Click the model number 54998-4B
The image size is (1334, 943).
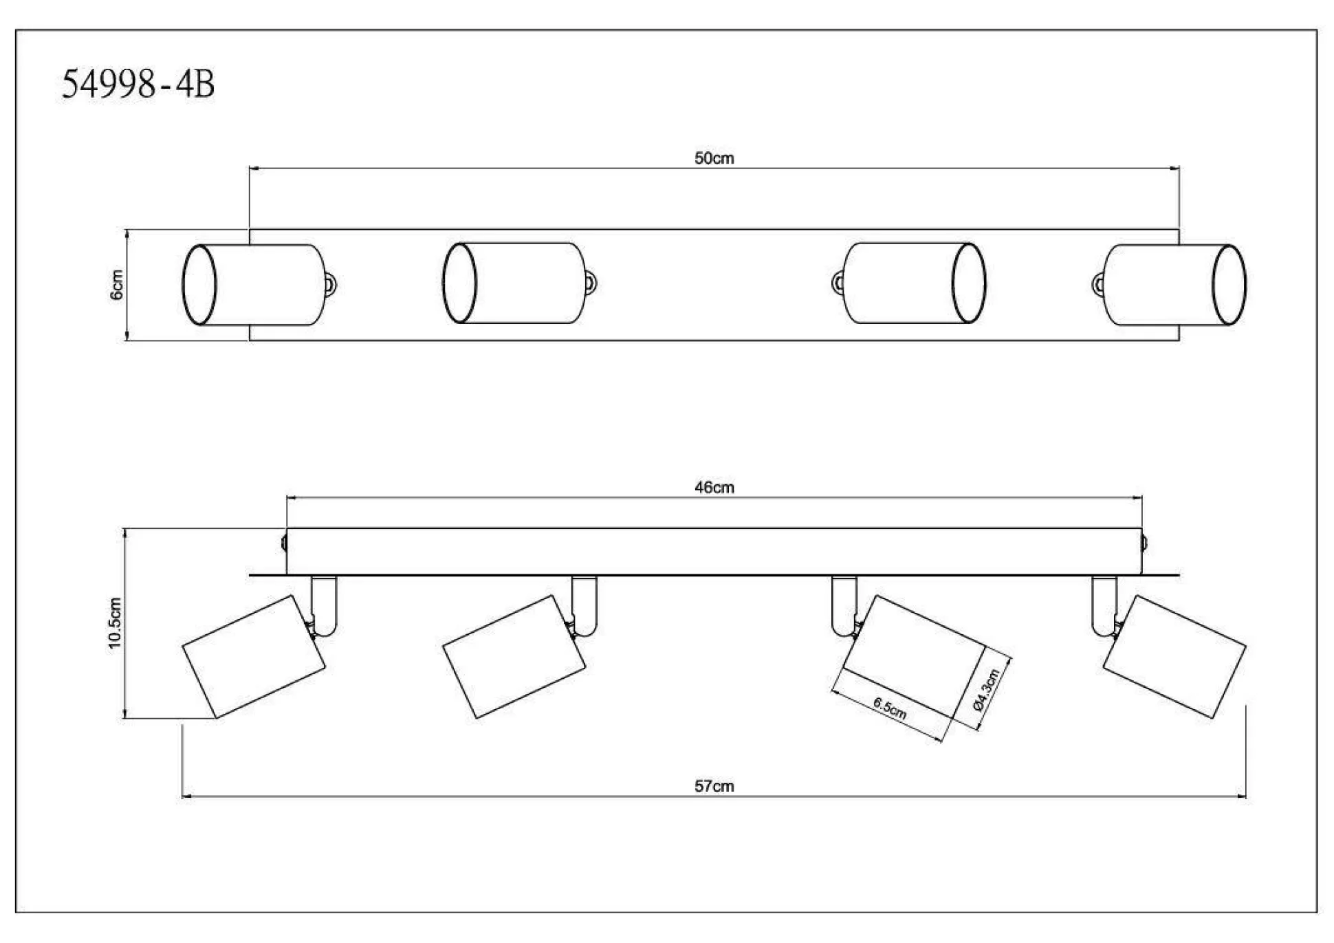[138, 85]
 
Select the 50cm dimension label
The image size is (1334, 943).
[714, 158]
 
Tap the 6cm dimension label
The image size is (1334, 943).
[117, 285]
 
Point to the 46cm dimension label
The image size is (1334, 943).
[714, 488]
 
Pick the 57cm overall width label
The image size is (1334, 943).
[714, 786]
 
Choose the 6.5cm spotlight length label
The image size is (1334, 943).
[890, 708]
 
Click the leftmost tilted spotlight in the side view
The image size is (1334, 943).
[253, 656]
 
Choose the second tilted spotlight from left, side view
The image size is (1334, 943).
[514, 656]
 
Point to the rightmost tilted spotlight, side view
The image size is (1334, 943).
[1174, 656]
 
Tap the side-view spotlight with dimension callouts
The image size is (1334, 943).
[915, 656]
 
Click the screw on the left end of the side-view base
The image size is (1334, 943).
[284, 543]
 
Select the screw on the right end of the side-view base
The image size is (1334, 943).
[1144, 543]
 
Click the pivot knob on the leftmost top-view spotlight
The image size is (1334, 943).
[331, 284]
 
